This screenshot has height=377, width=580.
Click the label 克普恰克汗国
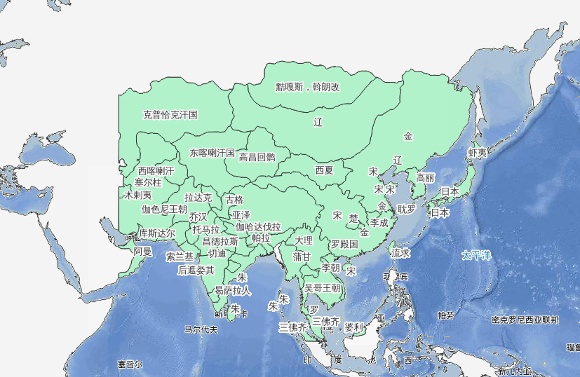[x=170, y=114]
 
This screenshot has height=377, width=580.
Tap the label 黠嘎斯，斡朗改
[x=307, y=88]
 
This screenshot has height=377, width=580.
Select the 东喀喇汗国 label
[x=212, y=152]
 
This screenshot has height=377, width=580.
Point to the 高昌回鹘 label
[x=257, y=158]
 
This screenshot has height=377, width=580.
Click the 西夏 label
[x=324, y=170]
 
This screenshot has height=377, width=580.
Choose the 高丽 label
[x=426, y=178]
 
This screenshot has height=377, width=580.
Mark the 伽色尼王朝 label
[x=164, y=209]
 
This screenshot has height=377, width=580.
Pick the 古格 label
[x=235, y=200]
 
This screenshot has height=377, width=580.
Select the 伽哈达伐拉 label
[x=258, y=227]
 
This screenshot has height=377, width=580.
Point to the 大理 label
[x=304, y=240]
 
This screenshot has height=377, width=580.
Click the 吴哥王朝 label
[x=322, y=287]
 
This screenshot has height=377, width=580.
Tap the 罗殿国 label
[x=344, y=244]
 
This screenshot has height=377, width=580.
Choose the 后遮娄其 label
[x=196, y=269]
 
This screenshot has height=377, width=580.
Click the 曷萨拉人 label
[x=233, y=289]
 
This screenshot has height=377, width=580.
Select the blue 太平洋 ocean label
[x=476, y=255]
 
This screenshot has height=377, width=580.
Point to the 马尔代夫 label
[x=201, y=329]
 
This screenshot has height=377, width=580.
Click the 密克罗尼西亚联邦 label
[x=525, y=320]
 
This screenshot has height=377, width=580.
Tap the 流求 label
[x=400, y=252]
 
